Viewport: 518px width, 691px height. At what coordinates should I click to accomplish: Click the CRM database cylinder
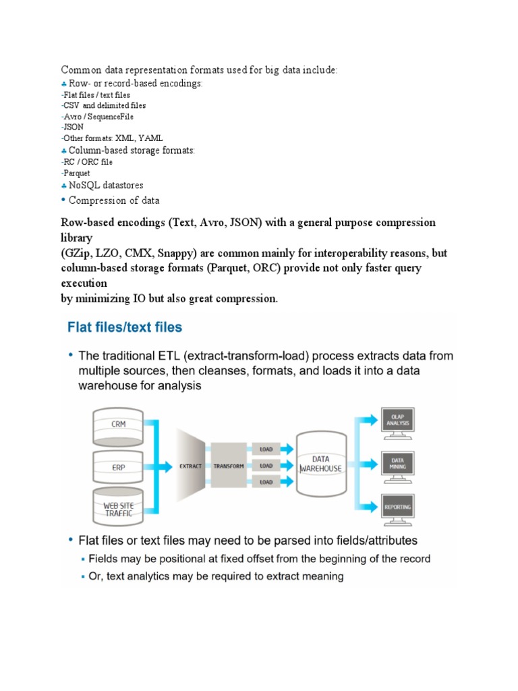(x=117, y=424)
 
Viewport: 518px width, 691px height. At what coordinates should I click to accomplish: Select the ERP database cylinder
(x=117, y=466)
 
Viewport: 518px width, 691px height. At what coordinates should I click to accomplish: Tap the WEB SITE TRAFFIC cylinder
(x=117, y=507)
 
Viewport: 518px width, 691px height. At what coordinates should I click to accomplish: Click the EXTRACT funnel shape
(x=191, y=466)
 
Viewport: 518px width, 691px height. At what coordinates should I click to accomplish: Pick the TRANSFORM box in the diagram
(x=229, y=466)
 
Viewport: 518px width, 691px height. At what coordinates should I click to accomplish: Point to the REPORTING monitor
(x=398, y=506)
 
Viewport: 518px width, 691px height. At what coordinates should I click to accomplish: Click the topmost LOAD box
(x=266, y=449)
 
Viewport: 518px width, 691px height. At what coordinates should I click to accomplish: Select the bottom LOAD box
(x=266, y=482)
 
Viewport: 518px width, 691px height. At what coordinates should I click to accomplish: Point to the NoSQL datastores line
(x=106, y=185)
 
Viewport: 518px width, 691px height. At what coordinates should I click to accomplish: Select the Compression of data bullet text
(x=114, y=200)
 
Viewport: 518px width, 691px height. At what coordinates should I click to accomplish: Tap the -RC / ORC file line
(x=87, y=162)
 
